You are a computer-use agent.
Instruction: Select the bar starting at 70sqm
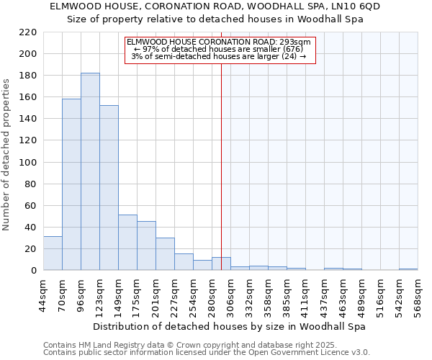point(71,184)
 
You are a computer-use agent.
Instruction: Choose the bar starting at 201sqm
point(165,254)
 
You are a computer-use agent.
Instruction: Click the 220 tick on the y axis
point(28,32)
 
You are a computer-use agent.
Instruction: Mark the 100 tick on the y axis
point(28,163)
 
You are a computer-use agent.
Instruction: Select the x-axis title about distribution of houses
point(230,326)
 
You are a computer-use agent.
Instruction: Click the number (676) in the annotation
point(292,49)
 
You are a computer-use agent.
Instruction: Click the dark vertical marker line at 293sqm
point(221,180)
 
